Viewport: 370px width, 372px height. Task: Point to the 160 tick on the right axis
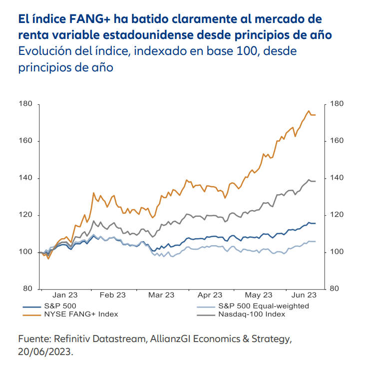coord(337,141)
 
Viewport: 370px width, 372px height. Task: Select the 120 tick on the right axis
coord(337,215)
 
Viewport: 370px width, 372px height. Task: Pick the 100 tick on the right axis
coord(337,252)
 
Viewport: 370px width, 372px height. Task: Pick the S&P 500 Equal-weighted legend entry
coord(263,306)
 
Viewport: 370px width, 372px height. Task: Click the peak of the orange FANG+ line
coord(309,111)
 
